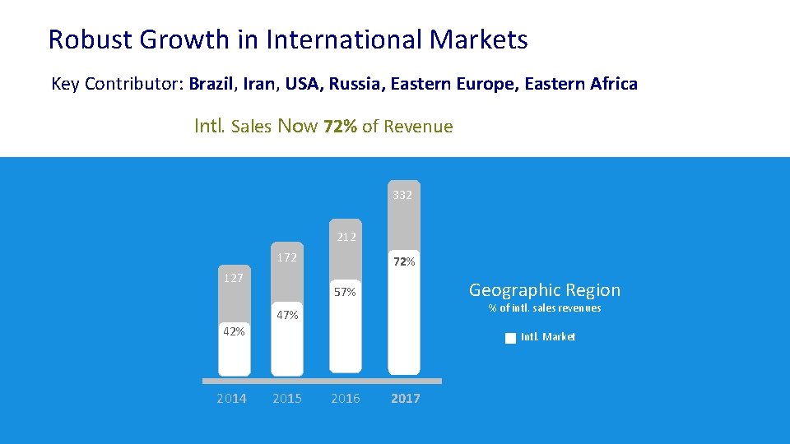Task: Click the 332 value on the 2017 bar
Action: tap(402, 195)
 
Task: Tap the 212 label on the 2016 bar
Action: tap(346, 237)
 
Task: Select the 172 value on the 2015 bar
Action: tap(287, 257)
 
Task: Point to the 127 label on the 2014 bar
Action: tap(234, 278)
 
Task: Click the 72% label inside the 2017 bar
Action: tap(404, 261)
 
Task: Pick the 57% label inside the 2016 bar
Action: tap(345, 292)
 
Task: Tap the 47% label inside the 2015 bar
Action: tap(287, 315)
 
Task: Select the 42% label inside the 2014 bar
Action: tap(234, 331)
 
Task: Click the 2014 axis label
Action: tap(232, 399)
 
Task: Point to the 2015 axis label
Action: tap(287, 399)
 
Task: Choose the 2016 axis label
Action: tap(346, 399)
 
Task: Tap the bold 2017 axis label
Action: tap(406, 399)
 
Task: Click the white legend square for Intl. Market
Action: tap(510, 338)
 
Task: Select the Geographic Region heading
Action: tap(545, 290)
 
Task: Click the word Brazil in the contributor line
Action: tap(211, 84)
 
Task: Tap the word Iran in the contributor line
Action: tap(259, 84)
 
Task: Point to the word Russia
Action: tap(354, 84)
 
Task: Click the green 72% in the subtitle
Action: tap(340, 126)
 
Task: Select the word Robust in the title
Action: tap(91, 39)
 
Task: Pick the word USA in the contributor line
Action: tap(302, 84)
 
